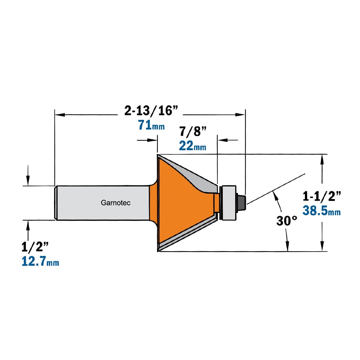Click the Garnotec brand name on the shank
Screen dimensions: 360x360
tap(116, 203)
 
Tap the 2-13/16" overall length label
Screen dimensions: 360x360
tap(151, 111)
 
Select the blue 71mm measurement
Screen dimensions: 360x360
tap(151, 125)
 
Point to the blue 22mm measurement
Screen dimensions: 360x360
tap(193, 146)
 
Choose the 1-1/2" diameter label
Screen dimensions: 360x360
tap(321, 196)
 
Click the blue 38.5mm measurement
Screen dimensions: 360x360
tap(321, 211)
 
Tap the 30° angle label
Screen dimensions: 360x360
tap(287, 221)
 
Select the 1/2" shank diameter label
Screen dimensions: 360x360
tap(35, 247)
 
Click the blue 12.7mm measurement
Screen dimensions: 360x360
tap(40, 261)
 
